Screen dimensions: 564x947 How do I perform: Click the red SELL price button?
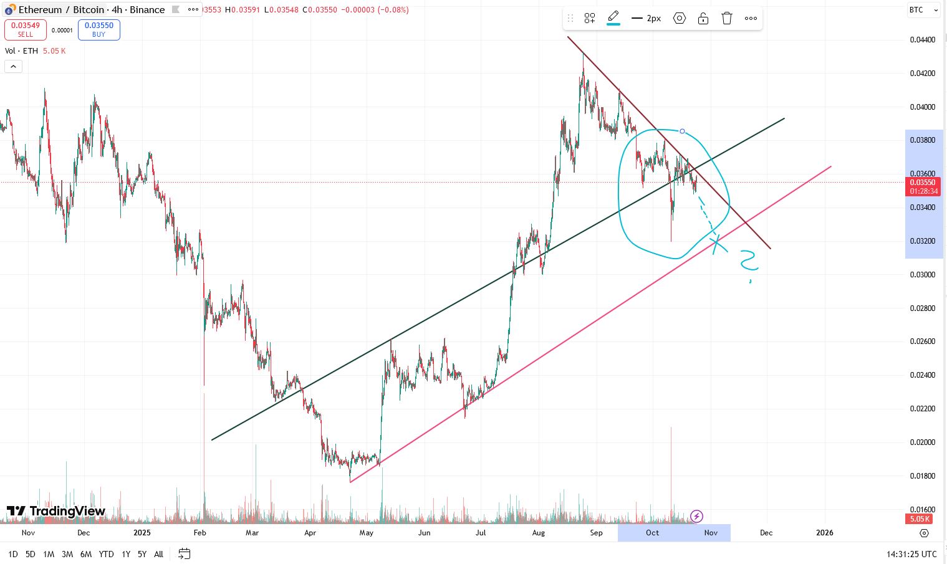(x=26, y=29)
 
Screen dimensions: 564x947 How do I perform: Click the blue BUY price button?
(x=99, y=29)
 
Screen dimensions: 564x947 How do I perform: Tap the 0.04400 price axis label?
(x=922, y=40)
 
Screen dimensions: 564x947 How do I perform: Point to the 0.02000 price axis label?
(x=922, y=442)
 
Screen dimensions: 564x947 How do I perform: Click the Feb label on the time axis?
(x=199, y=533)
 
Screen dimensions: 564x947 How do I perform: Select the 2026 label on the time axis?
(x=824, y=533)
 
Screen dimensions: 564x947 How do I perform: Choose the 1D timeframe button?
(x=13, y=554)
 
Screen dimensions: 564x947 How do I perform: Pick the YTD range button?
(x=106, y=554)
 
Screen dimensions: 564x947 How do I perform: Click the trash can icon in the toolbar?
(x=726, y=18)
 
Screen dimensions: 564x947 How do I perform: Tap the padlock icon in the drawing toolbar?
(x=703, y=18)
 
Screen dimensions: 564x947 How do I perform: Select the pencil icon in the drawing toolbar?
(x=613, y=17)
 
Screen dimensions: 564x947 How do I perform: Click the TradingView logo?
(x=56, y=512)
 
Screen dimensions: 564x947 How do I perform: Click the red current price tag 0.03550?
(x=923, y=186)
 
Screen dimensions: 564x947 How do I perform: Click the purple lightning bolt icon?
(x=697, y=516)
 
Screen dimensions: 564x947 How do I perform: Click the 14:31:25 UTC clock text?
(x=911, y=554)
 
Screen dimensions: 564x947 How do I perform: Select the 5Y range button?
(x=142, y=554)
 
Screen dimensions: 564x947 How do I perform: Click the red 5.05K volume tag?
(x=920, y=519)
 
